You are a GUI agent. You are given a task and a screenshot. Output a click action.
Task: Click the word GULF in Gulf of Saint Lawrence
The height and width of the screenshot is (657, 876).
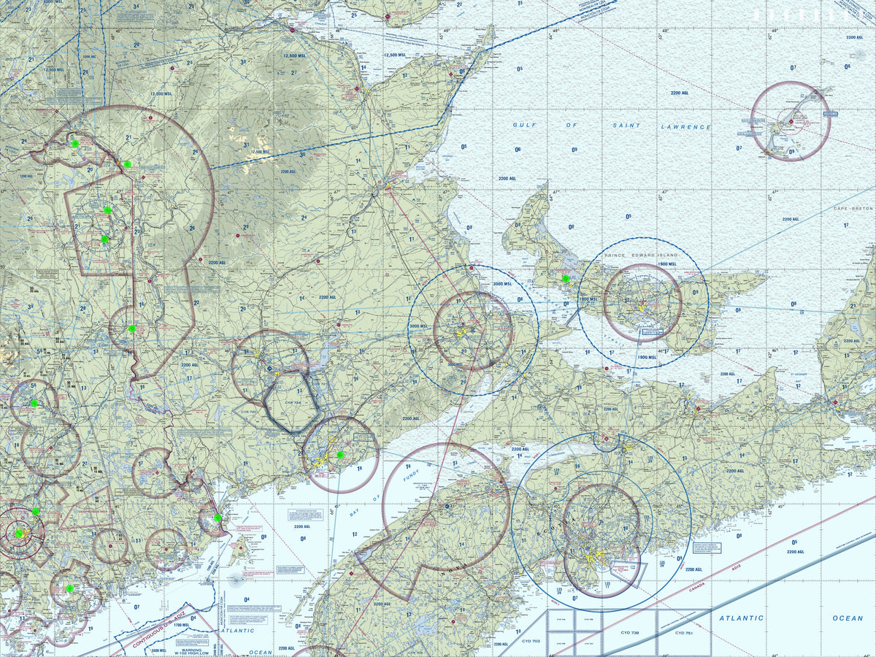point(524,126)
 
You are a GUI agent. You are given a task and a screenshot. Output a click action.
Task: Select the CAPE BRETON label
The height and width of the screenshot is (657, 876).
point(853,209)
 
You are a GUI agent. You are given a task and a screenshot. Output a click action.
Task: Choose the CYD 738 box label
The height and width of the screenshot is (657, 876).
point(630,633)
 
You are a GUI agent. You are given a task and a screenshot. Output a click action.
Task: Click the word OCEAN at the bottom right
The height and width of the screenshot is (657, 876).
point(848,618)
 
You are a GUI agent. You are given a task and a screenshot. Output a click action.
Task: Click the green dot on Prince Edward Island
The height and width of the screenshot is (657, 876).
point(566,278)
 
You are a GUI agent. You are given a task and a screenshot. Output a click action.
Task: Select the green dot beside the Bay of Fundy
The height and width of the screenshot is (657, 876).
point(340,455)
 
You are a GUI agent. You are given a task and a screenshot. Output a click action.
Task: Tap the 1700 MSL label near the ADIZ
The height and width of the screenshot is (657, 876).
point(176,625)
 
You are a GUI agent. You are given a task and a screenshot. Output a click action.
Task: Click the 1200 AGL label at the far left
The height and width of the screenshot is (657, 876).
point(26,176)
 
